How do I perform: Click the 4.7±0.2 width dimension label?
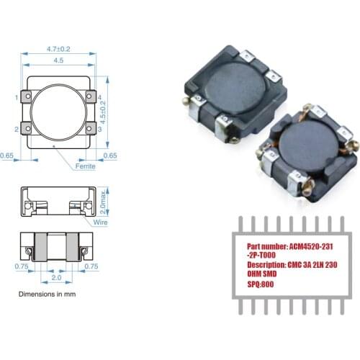[58, 49]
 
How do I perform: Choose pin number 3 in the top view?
[99, 129]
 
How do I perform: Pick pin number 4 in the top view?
[99, 97]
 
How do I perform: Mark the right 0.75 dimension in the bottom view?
[91, 266]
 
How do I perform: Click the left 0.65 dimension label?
[7, 155]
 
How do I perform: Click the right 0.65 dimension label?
[110, 155]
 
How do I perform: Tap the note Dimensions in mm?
[46, 294]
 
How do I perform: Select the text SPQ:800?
[253, 284]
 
